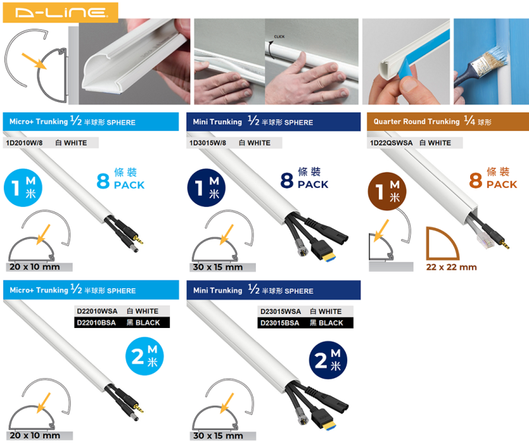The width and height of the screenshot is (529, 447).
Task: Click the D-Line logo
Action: pyautogui.click(x=60, y=11)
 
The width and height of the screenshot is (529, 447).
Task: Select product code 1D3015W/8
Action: pyautogui.click(x=208, y=142)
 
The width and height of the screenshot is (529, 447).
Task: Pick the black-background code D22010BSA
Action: pyautogui.click(x=97, y=323)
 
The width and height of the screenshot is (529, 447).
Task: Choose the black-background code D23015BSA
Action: pyautogui.click(x=280, y=323)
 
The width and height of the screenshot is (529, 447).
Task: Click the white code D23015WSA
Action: pyautogui.click(x=280, y=311)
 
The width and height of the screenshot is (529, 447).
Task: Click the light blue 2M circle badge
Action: pyautogui.click(x=144, y=356)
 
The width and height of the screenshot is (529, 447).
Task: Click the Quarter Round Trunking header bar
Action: pyautogui.click(x=447, y=122)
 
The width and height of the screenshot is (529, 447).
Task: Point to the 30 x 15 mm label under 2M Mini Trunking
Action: pyautogui.click(x=218, y=436)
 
